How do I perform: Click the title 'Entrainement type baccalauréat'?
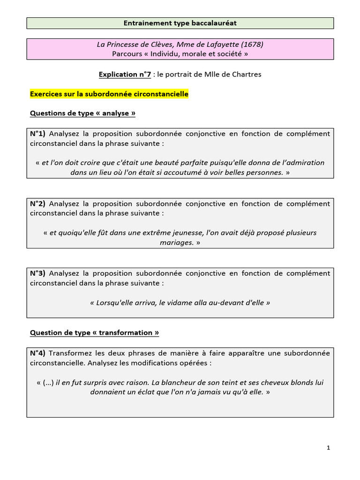pos(180,23)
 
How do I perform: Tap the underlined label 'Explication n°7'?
pos(125,75)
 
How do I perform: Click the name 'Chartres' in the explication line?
pos(246,75)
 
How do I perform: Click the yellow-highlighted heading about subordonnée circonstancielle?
pos(109,94)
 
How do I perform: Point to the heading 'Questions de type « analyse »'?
pos(82,113)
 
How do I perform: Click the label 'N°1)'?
pos(38,134)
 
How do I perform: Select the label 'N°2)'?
pos(38,204)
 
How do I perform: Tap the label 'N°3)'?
pos(38,273)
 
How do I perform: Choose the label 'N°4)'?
pos(38,353)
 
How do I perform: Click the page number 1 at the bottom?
pos(328,448)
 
